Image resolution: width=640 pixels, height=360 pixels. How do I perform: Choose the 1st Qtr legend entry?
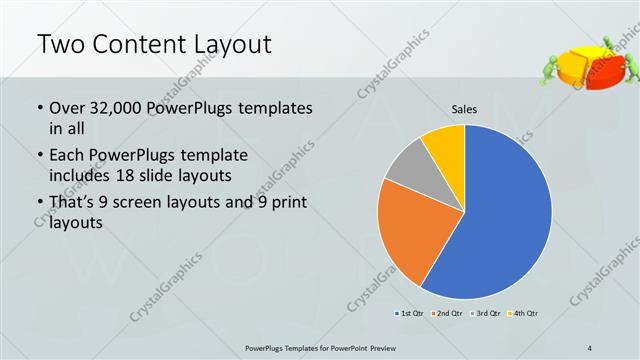411,314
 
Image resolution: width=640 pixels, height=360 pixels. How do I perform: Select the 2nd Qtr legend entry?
448,314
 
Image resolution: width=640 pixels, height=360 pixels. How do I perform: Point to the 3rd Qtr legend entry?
485,314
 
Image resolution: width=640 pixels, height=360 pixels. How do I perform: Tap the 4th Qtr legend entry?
522,314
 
